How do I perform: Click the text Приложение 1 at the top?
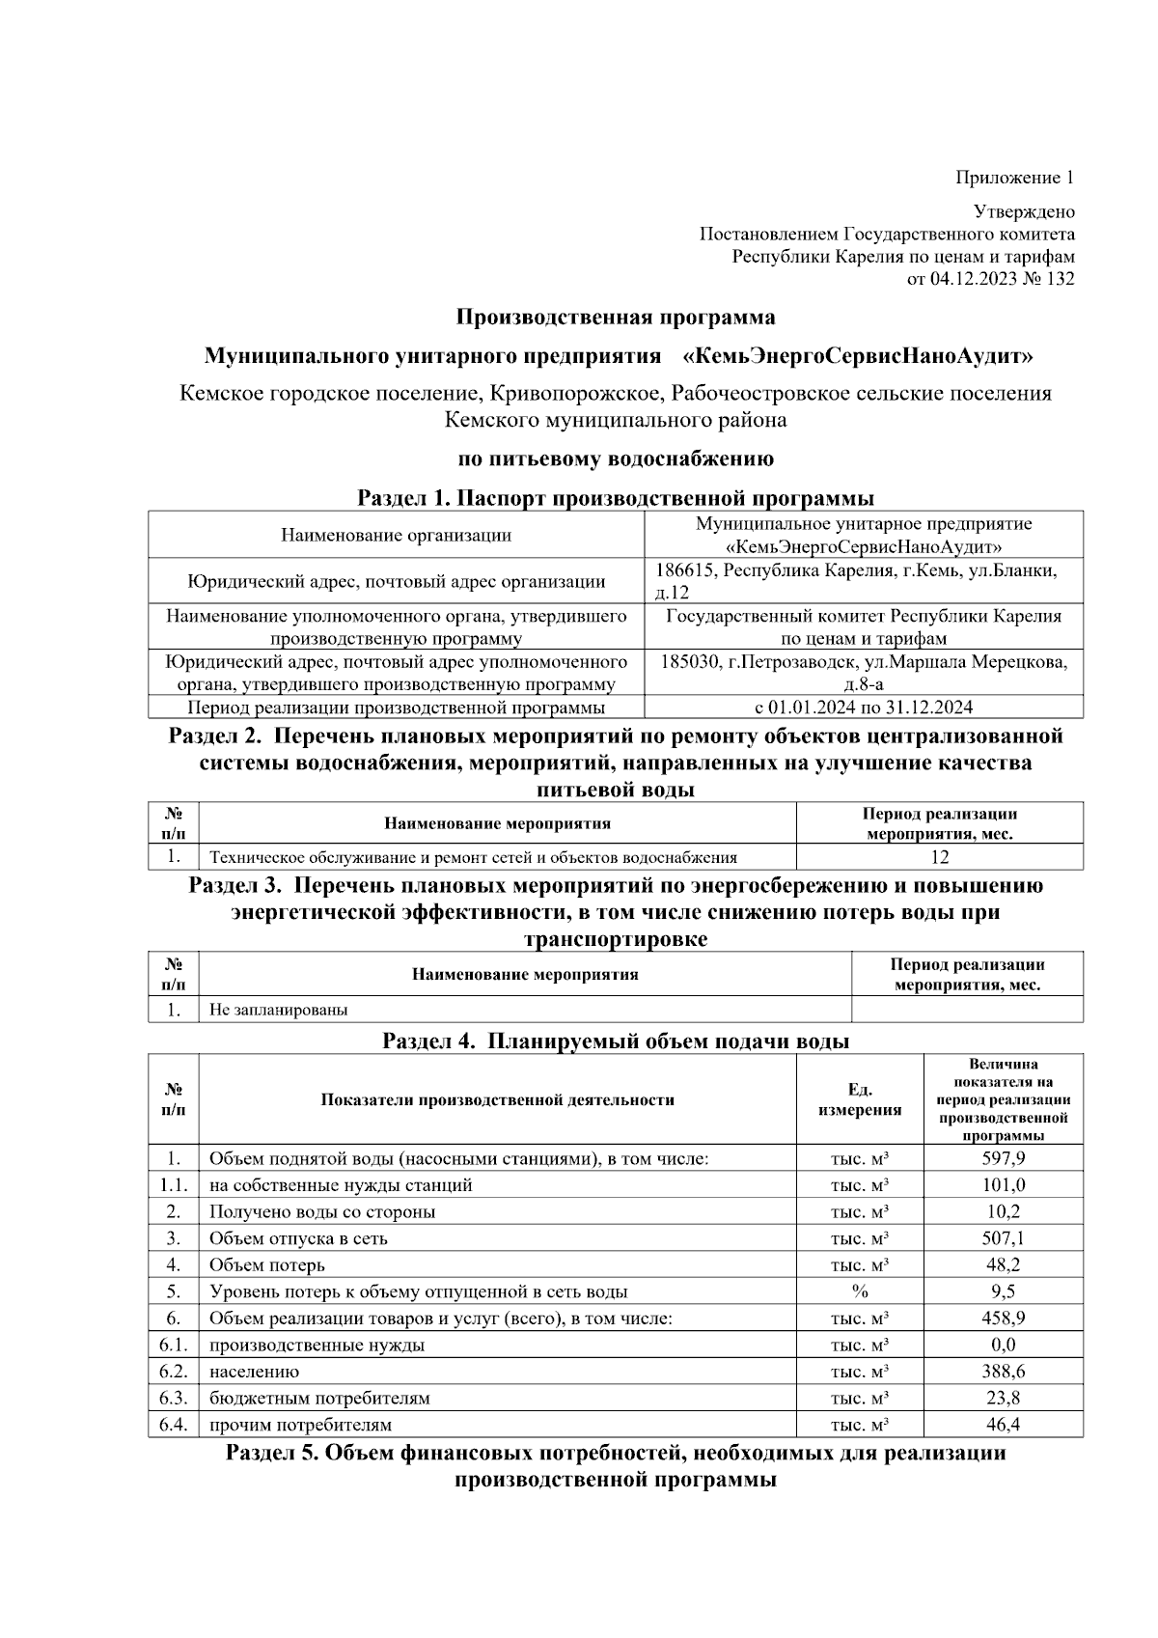1014,178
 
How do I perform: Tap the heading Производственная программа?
615,317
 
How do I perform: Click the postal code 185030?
692,663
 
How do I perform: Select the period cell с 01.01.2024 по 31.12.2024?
863,708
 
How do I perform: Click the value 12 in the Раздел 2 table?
939,857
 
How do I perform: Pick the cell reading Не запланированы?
279,1010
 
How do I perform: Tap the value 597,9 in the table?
1003,1158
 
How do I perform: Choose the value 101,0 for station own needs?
1003,1185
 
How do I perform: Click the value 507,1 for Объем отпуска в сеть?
1003,1238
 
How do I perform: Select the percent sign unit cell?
859,1291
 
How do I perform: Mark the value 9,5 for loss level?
1003,1291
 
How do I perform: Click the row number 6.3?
173,1398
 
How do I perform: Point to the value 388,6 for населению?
1003,1372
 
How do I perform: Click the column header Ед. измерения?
859,1099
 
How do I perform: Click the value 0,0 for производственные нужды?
1003,1345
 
